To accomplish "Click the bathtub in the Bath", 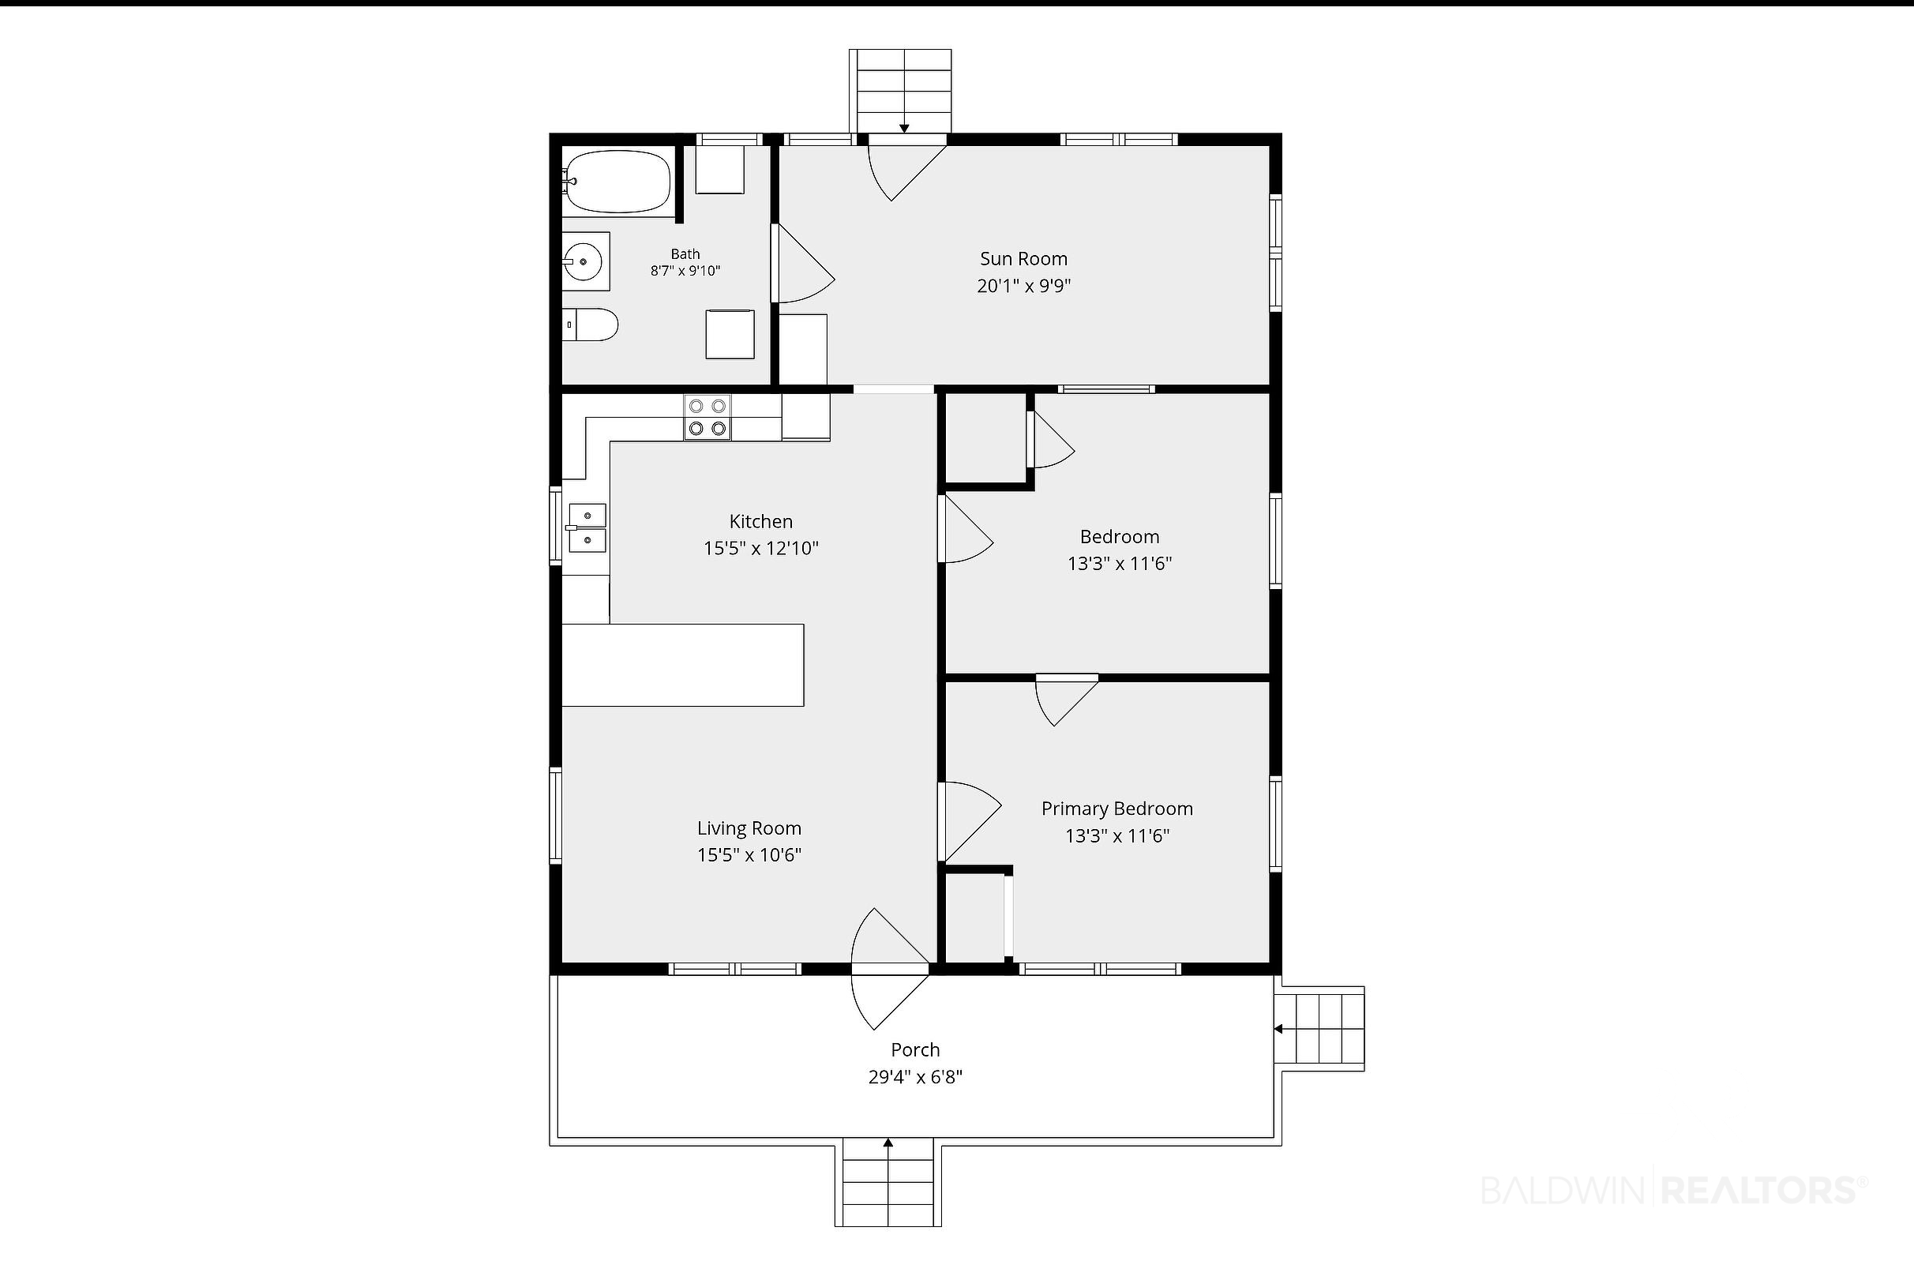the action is tap(617, 182).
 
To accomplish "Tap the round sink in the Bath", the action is tap(583, 261).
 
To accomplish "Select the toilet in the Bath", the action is tap(591, 325).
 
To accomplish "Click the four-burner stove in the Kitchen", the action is tap(707, 418).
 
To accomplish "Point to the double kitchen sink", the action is tap(586, 527).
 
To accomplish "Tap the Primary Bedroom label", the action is tap(1117, 809).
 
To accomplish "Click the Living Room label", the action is tap(749, 828).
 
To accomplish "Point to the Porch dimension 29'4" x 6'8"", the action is tap(915, 1078).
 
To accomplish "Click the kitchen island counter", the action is tap(683, 665).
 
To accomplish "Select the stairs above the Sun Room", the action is tap(901, 91).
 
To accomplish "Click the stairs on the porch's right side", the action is tap(1319, 1030).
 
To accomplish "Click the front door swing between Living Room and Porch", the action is tap(890, 968).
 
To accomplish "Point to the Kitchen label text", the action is tap(761, 522).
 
